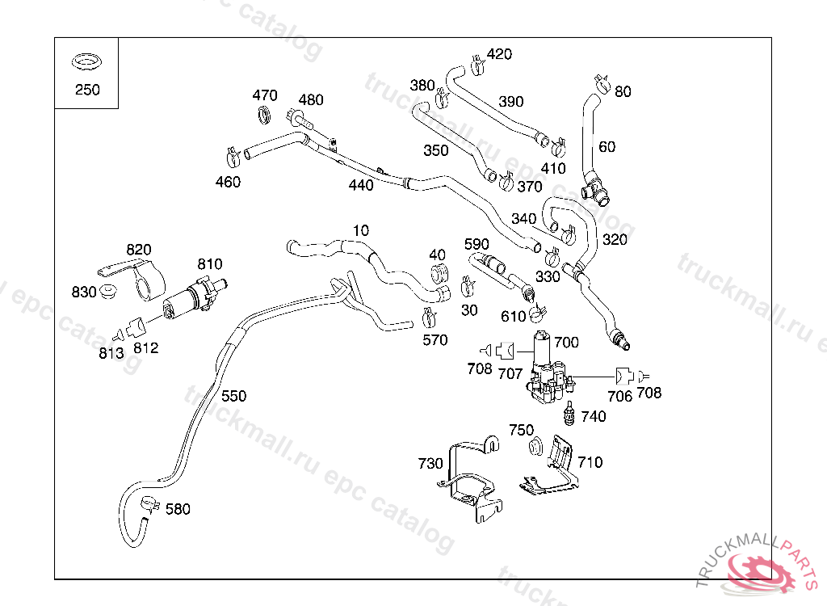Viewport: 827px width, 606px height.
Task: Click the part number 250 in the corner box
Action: [87, 90]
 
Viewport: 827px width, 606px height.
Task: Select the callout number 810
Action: [210, 264]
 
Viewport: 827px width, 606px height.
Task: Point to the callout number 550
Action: [233, 396]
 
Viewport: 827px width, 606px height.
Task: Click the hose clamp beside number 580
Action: [149, 506]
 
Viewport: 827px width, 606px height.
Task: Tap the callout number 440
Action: [361, 185]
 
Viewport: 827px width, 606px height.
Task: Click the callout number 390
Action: [510, 102]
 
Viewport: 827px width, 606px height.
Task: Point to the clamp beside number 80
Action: [602, 82]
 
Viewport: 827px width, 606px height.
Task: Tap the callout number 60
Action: [607, 146]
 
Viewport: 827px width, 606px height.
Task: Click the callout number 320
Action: [614, 239]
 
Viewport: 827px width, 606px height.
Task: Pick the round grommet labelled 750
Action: [534, 446]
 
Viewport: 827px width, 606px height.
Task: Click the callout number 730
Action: [430, 463]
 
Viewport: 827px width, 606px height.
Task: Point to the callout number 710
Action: [590, 462]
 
